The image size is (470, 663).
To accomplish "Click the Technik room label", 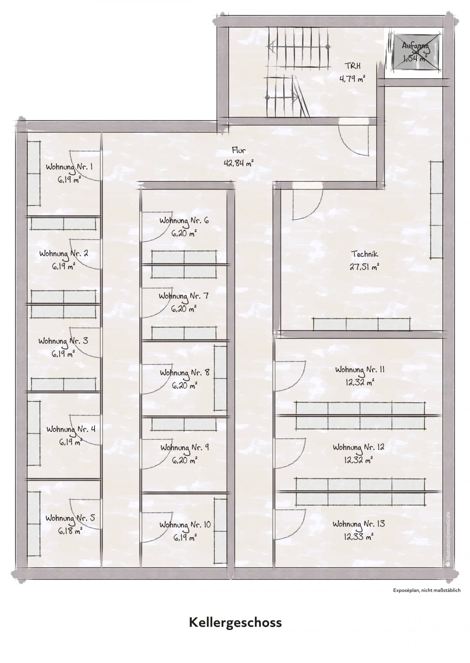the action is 365,254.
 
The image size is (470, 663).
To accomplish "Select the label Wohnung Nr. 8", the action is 185,373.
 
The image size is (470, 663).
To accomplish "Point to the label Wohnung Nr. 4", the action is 70,430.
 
